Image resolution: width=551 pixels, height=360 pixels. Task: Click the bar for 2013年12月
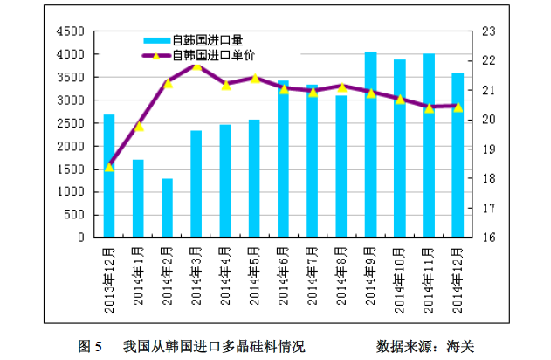point(109,176)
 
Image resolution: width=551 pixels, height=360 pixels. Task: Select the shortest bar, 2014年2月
point(167,208)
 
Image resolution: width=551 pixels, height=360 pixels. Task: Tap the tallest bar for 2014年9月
point(370,144)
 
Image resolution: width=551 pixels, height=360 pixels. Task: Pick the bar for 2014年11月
point(428,145)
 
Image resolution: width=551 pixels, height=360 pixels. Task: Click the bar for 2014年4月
point(225,181)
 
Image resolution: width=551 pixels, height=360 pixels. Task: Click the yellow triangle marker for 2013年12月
point(109,167)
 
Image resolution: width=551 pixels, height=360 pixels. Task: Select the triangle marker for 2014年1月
point(138,127)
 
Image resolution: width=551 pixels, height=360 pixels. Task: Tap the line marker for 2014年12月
point(458,107)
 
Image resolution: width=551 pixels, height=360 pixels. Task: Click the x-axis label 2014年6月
point(284,276)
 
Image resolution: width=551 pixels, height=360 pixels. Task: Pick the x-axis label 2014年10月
point(399,279)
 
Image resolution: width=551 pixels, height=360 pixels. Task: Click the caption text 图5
point(90,345)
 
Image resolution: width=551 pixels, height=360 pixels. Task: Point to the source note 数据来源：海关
point(424,345)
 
